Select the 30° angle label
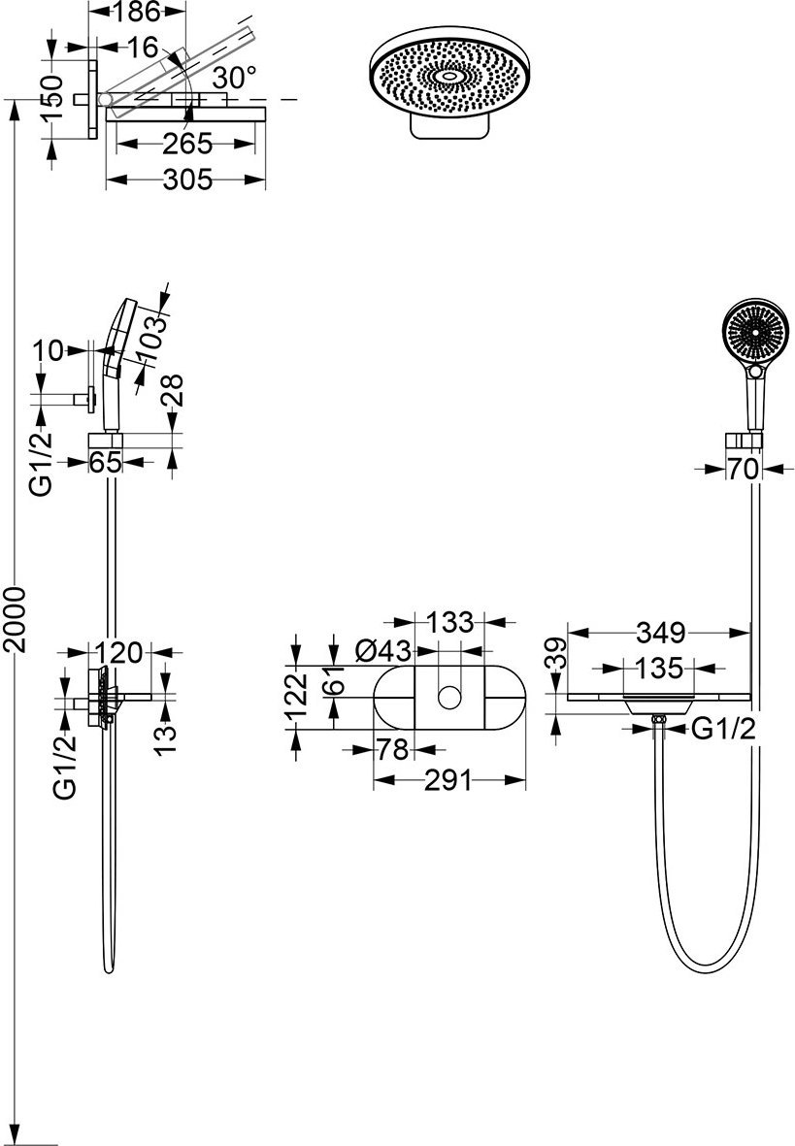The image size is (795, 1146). point(235,76)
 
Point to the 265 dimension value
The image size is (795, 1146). point(187,144)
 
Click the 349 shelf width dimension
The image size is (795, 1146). point(659,633)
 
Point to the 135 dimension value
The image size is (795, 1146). point(659,668)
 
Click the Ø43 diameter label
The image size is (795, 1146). point(384,649)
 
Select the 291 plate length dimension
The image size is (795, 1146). point(447,780)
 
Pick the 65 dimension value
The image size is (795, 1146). point(106,462)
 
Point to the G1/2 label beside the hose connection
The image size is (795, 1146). point(723,730)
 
